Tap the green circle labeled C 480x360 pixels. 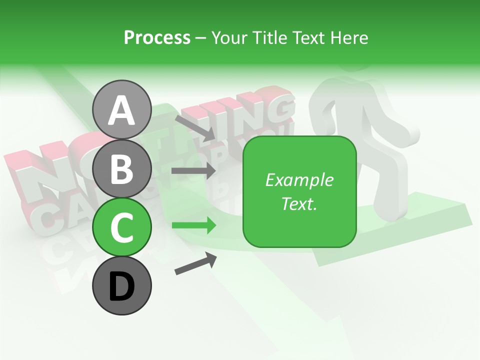(121, 226)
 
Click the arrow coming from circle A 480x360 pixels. (195, 127)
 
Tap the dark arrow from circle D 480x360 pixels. (195, 263)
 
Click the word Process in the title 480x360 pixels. (157, 38)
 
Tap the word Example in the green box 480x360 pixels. (299, 180)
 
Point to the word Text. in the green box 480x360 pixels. (299, 203)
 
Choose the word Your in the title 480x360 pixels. (229, 38)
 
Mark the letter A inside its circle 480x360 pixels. (121, 110)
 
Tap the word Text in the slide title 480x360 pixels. (309, 38)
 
